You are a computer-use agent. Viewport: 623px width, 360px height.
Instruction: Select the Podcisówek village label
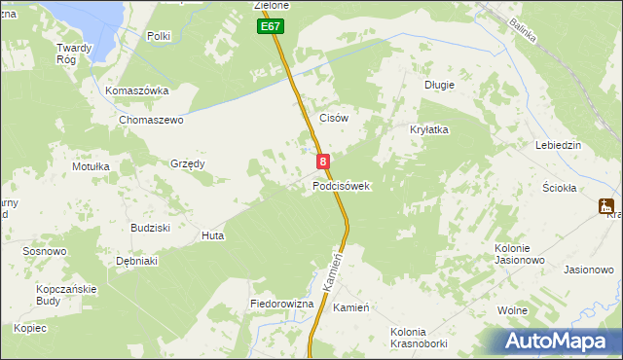pos(341,186)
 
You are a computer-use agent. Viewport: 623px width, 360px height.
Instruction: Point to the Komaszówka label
pos(137,90)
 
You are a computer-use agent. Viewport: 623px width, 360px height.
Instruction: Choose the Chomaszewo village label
pos(151,120)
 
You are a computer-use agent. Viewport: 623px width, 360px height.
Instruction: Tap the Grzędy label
pos(188,163)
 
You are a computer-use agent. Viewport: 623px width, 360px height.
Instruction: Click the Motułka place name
pos(91,166)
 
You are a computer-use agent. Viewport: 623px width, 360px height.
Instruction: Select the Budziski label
pos(151,227)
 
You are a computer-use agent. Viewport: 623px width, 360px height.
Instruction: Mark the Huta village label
pos(212,235)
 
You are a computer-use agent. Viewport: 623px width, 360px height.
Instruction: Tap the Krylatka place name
pos(428,129)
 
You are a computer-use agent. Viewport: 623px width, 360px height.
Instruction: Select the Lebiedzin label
pos(558,145)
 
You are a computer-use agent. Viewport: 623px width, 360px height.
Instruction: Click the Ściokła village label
pos(560,188)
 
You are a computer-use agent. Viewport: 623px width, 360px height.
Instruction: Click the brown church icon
pos(607,206)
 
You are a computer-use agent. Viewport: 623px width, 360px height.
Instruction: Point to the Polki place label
pos(158,36)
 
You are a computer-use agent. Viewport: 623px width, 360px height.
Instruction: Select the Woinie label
pos(512,310)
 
